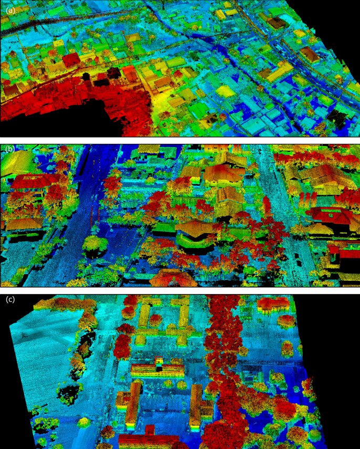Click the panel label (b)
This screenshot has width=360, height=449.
[x=9, y=150]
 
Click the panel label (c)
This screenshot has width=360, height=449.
[x=10, y=300]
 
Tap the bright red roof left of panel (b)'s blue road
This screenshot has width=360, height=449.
[x=32, y=181]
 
